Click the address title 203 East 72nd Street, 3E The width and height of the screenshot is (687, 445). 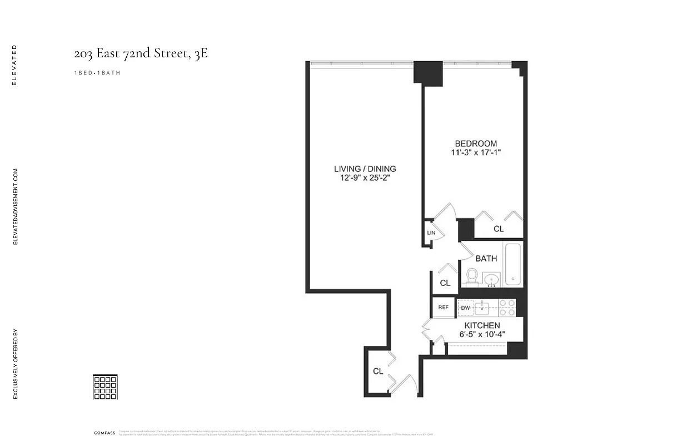pos(141,54)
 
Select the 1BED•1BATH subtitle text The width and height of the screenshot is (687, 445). pos(97,73)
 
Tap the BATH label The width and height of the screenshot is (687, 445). pos(486,259)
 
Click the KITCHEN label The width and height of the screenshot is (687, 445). pos(482,325)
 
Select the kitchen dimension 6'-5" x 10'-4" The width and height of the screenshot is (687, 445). pos(482,335)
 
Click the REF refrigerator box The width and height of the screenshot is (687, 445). pos(444,307)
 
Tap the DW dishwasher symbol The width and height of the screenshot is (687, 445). pos(465,307)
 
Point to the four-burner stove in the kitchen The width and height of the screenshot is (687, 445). pos(506,308)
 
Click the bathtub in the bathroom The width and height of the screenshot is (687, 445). pos(512,264)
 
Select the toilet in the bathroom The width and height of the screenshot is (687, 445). pos(472,276)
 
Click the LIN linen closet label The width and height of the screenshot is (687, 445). pos(430,233)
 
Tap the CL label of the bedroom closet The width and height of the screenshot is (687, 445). pos(499,229)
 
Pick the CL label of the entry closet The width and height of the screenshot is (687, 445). pos(378,371)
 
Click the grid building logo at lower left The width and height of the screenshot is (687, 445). pos(105,387)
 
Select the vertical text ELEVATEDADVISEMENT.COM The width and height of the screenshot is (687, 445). pos(16,207)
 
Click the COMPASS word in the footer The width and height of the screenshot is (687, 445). pos(104,433)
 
